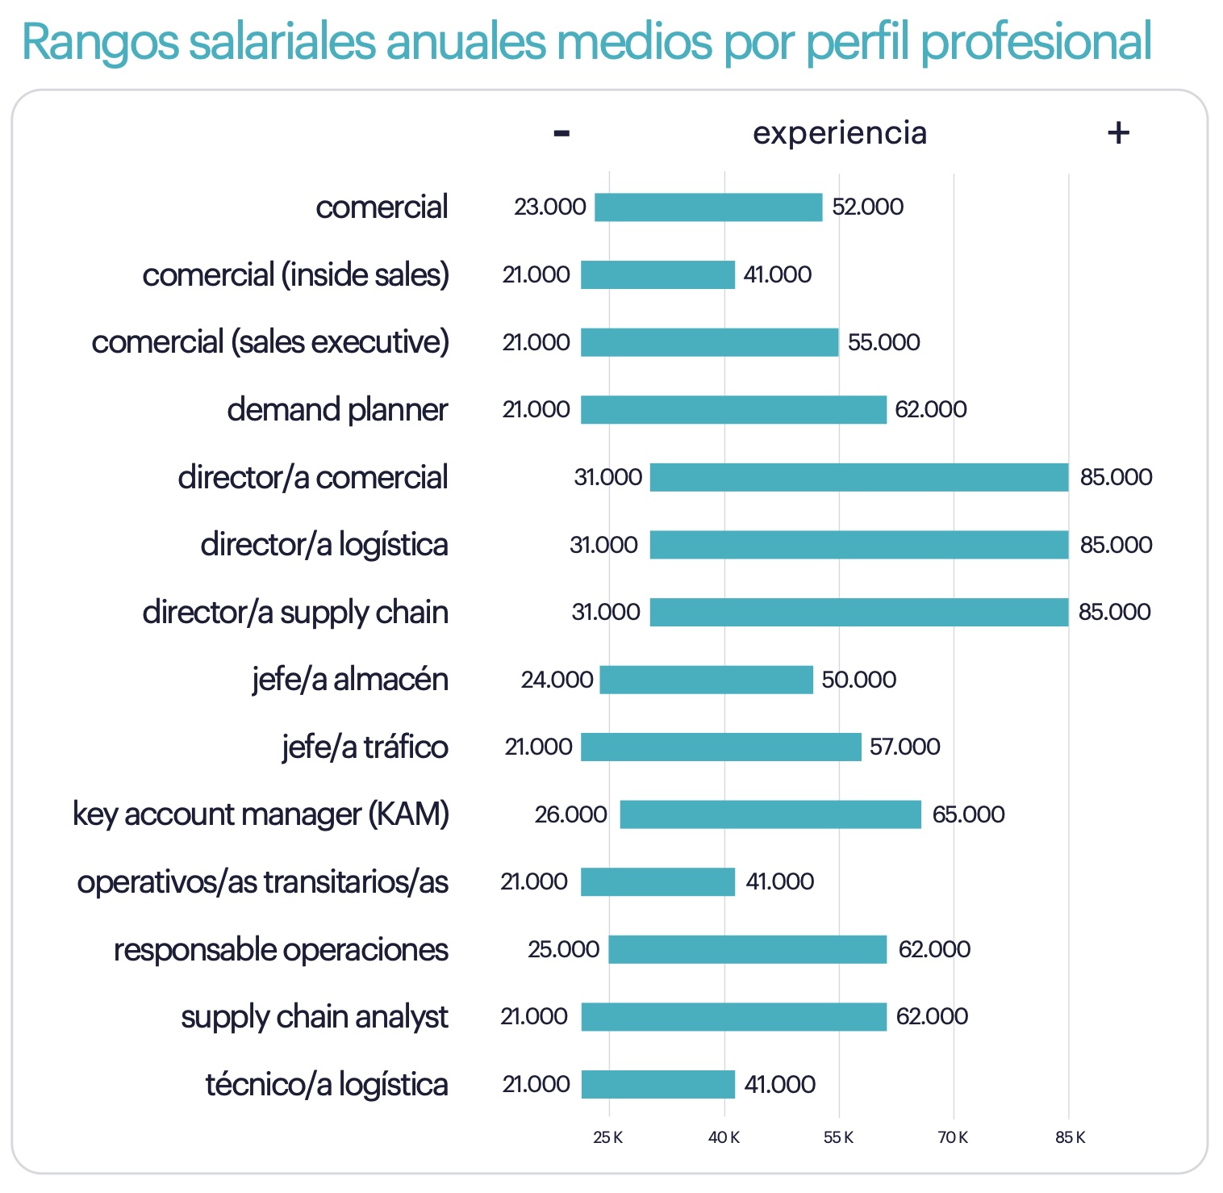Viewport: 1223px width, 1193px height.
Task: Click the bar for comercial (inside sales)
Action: click(x=657, y=275)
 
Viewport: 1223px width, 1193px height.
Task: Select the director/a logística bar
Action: click(x=859, y=545)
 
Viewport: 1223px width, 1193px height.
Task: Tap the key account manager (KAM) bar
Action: click(x=770, y=814)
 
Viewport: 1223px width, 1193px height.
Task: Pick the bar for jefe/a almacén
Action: click(x=706, y=680)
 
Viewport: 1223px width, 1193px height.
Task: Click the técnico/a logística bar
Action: click(x=657, y=1084)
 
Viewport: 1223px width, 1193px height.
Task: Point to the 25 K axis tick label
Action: click(x=607, y=1137)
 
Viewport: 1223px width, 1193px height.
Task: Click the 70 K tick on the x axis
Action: click(x=953, y=1137)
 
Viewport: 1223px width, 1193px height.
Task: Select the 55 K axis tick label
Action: click(x=838, y=1137)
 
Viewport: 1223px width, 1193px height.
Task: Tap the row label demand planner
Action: click(x=337, y=410)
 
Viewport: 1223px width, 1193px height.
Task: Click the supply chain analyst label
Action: click(x=315, y=1017)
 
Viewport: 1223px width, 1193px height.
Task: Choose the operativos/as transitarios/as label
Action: click(x=263, y=882)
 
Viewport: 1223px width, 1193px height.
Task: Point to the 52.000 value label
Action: click(x=867, y=207)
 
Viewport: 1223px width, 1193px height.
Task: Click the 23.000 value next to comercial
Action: click(x=550, y=207)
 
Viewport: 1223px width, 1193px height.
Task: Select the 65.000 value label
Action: click(x=968, y=814)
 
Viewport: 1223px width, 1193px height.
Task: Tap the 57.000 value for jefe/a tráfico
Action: click(x=904, y=747)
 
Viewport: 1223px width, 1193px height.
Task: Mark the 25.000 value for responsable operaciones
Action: click(x=563, y=949)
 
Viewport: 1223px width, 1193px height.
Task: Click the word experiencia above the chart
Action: click(x=840, y=133)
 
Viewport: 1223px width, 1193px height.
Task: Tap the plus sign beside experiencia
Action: click(x=1118, y=132)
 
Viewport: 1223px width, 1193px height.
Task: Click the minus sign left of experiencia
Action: click(x=561, y=133)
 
